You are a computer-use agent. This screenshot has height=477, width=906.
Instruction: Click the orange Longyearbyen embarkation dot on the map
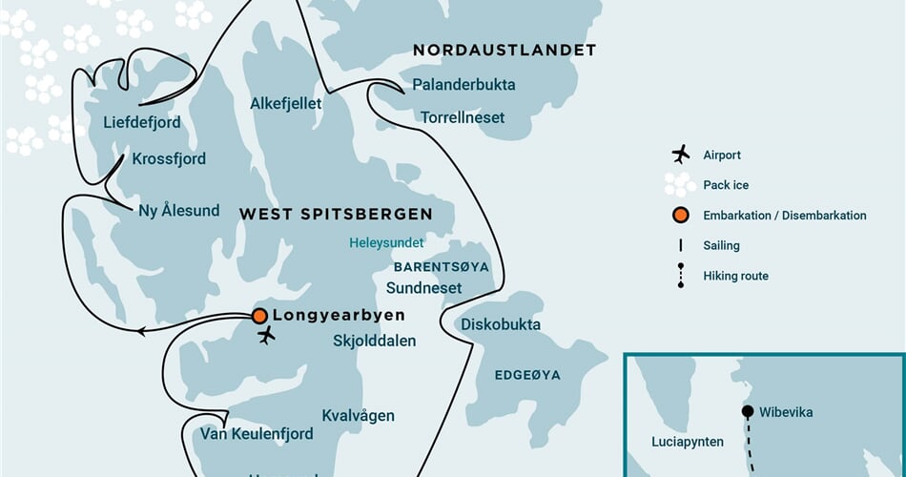coord(259,316)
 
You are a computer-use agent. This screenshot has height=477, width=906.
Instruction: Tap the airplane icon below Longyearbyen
coord(267,336)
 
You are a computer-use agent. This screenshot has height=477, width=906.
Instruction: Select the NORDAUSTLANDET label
coord(504,51)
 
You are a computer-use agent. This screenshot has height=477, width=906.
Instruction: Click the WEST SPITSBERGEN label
coord(335,215)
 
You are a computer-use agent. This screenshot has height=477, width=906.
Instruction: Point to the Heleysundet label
coord(386,243)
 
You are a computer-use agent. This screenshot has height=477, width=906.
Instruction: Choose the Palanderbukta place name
coord(463,85)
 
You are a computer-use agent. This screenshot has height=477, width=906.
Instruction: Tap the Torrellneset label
coord(463,118)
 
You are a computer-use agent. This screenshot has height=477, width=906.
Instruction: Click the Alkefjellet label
coord(286,103)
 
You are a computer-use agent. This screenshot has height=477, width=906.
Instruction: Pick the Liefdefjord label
coord(142,123)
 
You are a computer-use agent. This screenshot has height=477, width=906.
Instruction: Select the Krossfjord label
coord(169,159)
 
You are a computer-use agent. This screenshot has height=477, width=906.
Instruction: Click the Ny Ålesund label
coord(179,211)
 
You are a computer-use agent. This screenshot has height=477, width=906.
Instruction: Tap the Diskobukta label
coord(501,324)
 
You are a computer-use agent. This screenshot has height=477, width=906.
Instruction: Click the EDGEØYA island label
coord(527,375)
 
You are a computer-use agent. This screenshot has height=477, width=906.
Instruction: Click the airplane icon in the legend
coord(680,155)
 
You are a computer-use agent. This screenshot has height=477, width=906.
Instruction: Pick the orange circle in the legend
coord(680,216)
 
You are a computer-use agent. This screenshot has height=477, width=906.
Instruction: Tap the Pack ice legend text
coord(725,185)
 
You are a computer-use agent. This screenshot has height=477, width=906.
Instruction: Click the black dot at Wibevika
coord(747,412)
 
